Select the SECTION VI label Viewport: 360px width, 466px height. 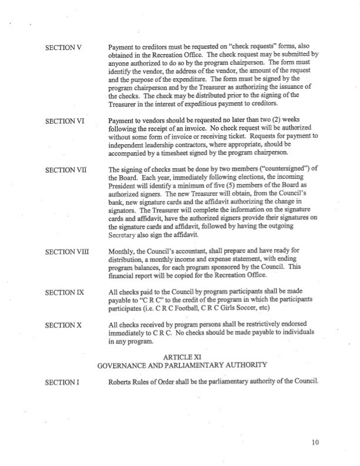pos(64,121)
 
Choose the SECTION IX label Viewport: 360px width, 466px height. pos(64,291)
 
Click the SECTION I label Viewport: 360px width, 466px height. pos(61,382)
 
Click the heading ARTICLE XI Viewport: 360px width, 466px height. pos(181,356)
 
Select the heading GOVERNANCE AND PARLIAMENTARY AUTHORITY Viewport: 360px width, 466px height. pos(180,365)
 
